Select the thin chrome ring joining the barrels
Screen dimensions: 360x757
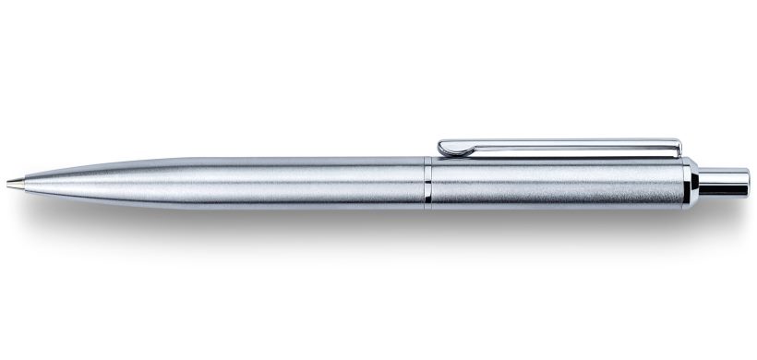428,181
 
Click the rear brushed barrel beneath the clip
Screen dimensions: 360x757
554,185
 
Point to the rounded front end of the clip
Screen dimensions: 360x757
444,146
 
